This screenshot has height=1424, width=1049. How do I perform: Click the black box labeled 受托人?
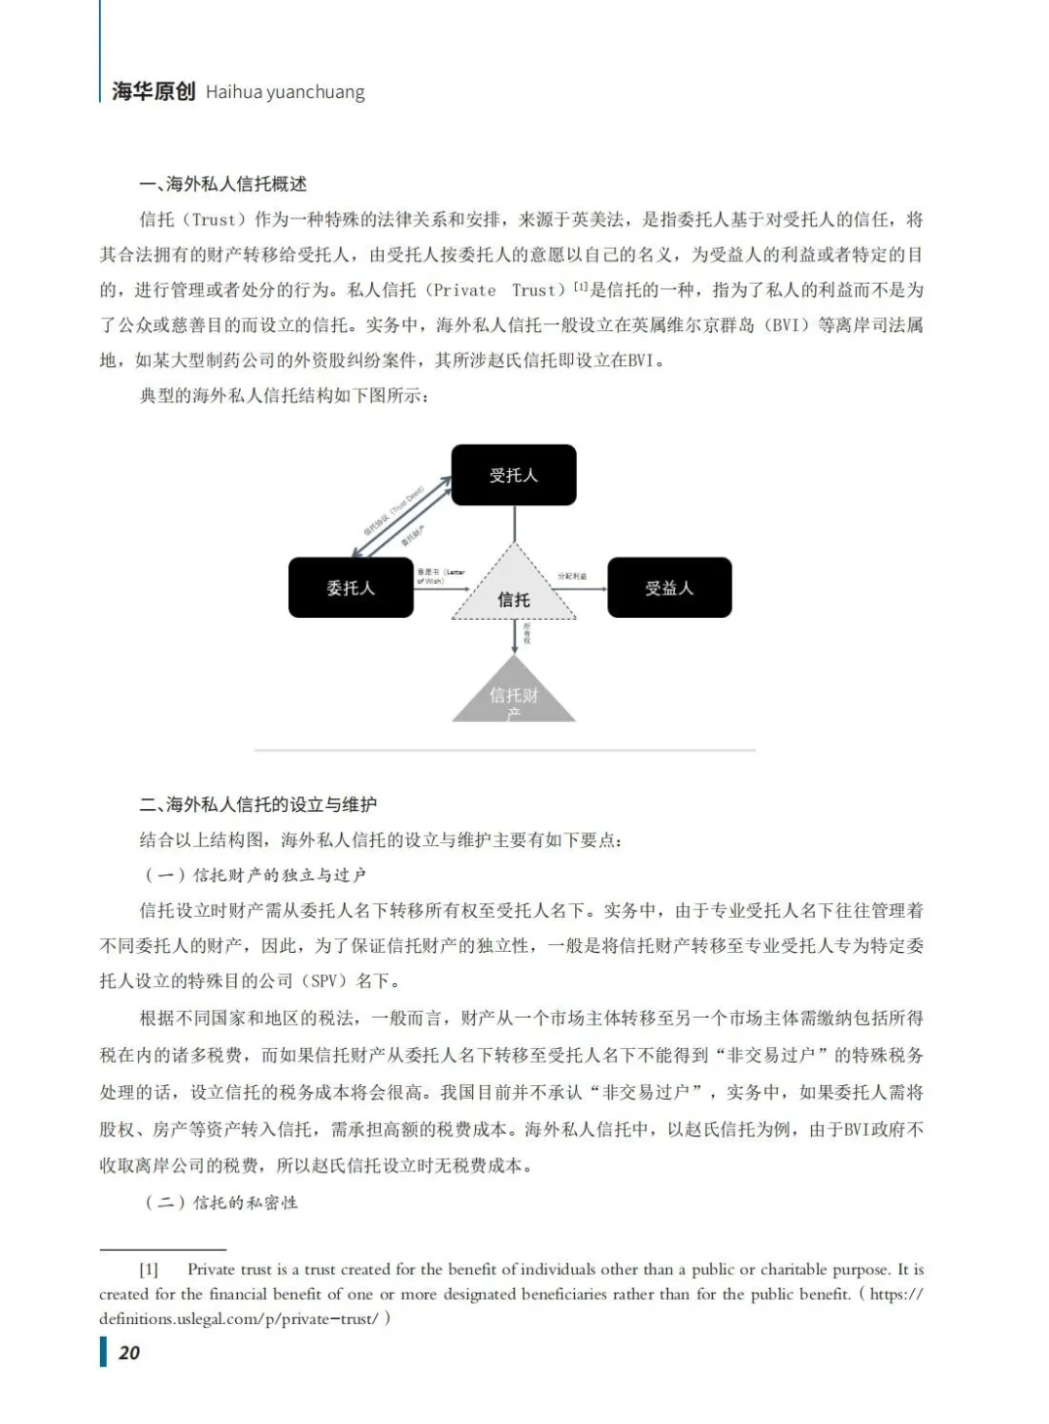click(514, 475)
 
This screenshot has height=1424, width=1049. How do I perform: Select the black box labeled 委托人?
click(351, 588)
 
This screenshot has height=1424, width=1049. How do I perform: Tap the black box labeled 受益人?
click(669, 588)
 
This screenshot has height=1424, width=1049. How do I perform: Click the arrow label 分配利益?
click(572, 576)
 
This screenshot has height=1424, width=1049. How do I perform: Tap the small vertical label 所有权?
click(527, 633)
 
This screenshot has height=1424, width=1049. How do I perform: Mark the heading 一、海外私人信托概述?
click(223, 184)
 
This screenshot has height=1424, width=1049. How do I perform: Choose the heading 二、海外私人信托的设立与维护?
click(258, 804)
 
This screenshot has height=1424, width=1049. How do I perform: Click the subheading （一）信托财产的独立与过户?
click(255, 875)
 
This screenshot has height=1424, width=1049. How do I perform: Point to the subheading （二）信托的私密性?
click(221, 1203)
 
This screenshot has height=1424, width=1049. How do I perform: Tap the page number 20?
click(129, 1352)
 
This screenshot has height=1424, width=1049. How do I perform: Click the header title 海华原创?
click(153, 92)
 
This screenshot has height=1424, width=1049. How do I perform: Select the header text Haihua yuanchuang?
click(286, 93)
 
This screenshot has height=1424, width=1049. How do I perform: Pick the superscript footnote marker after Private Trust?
click(581, 286)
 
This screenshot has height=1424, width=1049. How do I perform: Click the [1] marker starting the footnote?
click(149, 1270)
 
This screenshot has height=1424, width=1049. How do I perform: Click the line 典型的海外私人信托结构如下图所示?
click(284, 395)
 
